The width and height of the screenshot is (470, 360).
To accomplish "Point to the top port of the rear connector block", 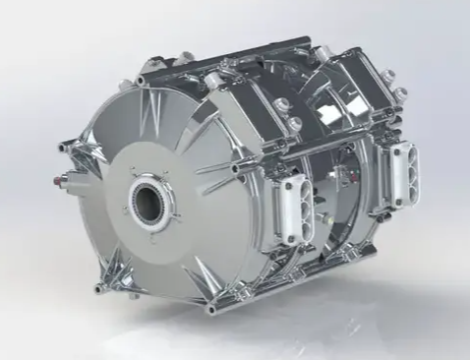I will [402, 153].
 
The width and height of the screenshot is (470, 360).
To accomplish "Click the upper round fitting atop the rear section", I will [386, 73].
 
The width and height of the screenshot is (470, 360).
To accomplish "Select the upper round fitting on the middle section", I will [285, 104].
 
